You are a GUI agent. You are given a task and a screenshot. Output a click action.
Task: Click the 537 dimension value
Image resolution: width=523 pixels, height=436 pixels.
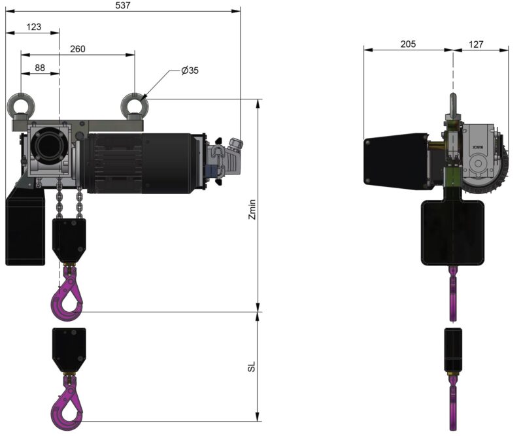point(123,5)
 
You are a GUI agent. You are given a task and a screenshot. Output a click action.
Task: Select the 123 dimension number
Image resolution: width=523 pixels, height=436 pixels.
point(34,27)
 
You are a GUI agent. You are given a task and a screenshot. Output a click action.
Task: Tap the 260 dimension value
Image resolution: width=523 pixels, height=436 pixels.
point(77,49)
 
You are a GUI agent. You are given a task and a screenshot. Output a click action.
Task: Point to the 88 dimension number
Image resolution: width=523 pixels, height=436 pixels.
point(40,68)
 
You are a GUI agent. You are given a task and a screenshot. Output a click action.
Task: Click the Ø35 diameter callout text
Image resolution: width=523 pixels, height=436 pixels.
point(190,71)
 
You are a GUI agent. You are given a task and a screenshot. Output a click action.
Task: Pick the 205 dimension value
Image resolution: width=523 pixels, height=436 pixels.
point(408,44)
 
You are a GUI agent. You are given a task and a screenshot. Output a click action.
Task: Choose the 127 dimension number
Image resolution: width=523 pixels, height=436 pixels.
point(476,44)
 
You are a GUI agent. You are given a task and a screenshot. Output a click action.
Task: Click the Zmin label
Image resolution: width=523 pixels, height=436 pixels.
point(252,209)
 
